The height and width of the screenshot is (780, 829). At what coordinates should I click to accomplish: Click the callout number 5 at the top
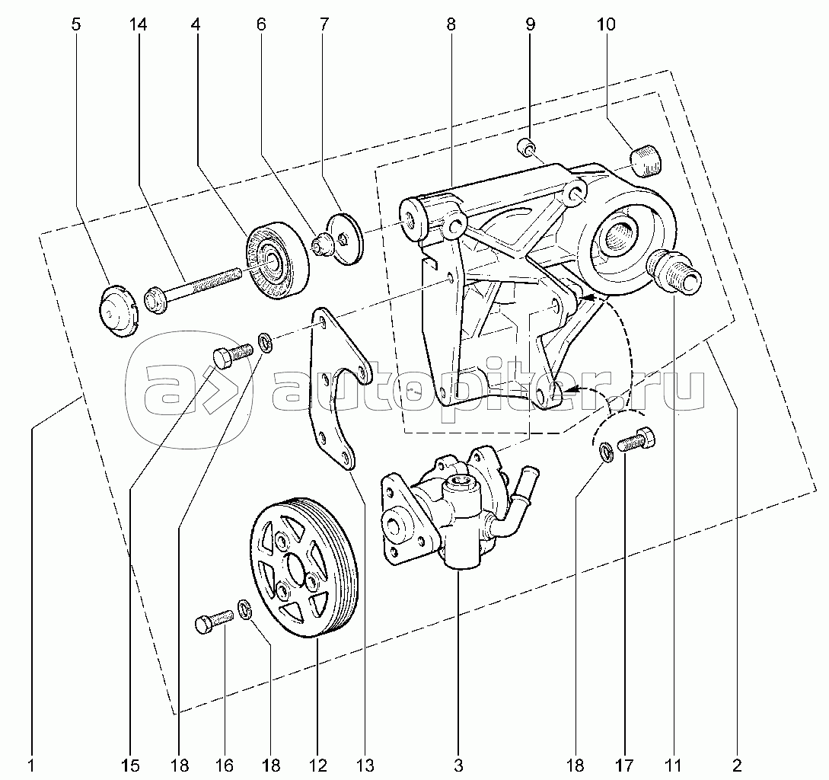tap(75, 24)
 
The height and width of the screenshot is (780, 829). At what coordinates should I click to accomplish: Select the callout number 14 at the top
tap(138, 24)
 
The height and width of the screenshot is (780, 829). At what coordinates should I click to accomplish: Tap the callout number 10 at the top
tap(606, 24)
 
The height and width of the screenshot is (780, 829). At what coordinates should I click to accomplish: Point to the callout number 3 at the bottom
tap(458, 762)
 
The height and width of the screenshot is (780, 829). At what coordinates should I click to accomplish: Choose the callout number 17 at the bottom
tap(625, 762)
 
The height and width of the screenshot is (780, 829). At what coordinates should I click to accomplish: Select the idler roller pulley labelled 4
tap(276, 261)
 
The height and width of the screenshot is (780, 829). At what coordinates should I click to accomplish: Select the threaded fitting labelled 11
tap(672, 273)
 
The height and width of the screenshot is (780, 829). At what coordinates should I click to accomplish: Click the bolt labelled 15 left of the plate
tap(231, 353)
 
